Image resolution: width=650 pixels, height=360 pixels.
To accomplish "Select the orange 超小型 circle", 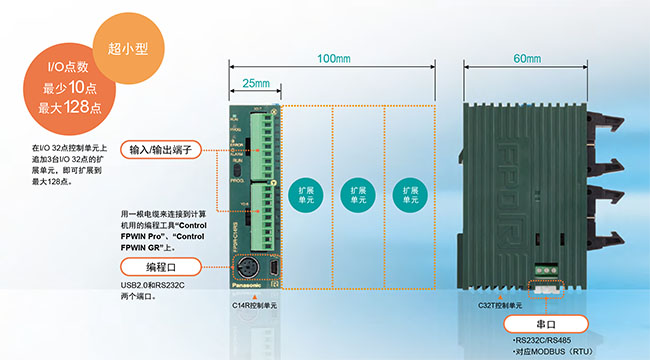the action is pyautogui.click(x=115, y=46).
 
